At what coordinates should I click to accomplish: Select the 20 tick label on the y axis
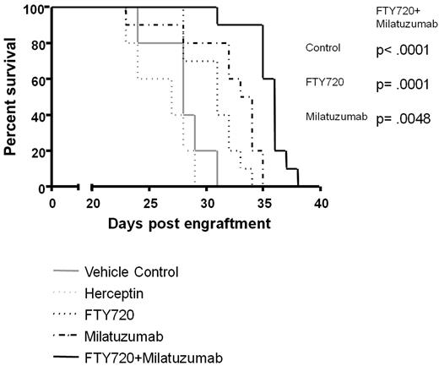(x=35, y=153)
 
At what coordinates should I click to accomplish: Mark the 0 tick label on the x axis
(x=52, y=205)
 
